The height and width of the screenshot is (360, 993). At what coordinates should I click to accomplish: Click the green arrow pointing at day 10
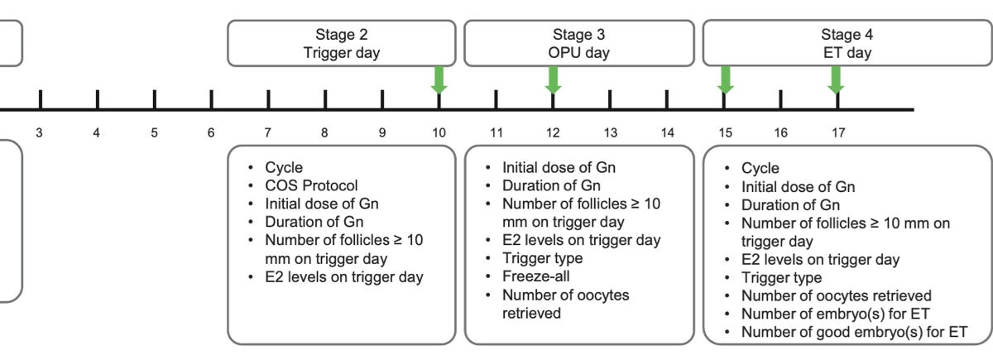click(x=439, y=79)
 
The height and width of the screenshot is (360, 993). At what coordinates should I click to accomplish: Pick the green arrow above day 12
click(x=553, y=79)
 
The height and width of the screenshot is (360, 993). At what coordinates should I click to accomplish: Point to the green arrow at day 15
click(x=725, y=79)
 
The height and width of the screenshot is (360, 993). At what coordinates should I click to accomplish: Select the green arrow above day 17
click(x=837, y=79)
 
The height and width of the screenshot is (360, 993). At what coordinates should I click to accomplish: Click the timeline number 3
click(x=40, y=132)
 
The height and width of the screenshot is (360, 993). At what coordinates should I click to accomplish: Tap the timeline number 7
click(x=268, y=132)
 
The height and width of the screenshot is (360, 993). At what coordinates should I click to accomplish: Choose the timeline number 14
click(x=668, y=132)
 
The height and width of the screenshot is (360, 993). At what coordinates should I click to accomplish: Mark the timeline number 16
click(x=780, y=132)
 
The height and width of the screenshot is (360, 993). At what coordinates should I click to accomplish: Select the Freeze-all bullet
click(x=535, y=277)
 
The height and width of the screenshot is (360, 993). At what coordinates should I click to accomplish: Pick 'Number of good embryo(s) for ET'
click(x=854, y=333)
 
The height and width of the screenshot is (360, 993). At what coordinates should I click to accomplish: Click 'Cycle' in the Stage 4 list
click(x=760, y=168)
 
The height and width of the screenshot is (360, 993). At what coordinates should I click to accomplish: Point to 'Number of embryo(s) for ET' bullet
click(x=837, y=314)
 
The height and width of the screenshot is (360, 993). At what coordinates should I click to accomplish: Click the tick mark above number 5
click(x=154, y=99)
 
